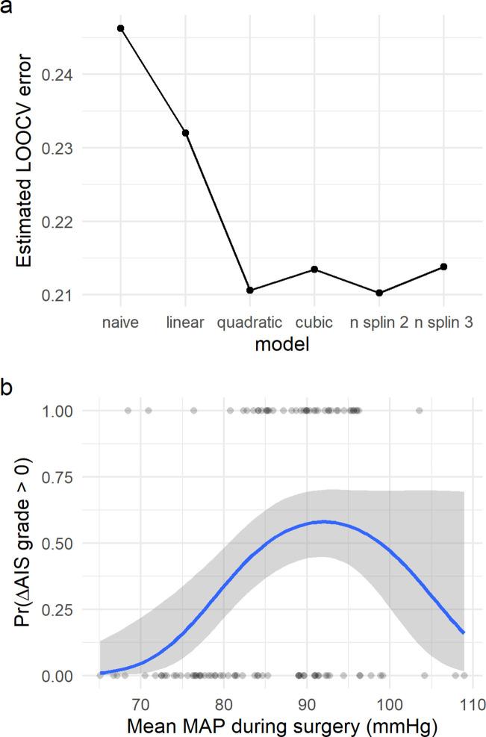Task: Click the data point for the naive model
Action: pyautogui.click(x=120, y=28)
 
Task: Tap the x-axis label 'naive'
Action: pyautogui.click(x=120, y=323)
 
